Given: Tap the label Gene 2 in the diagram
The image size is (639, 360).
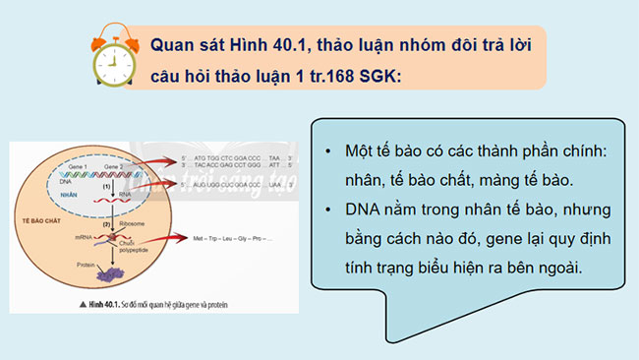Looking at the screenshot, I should [x=111, y=167].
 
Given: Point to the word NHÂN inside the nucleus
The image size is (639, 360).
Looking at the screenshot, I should [x=70, y=195].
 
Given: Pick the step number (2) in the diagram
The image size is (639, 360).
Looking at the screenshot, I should [x=106, y=223].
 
